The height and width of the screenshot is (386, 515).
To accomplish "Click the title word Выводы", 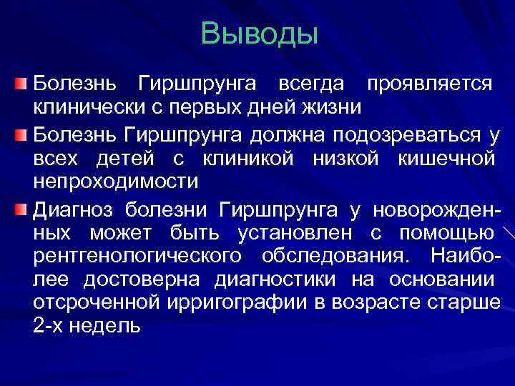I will pos(259,34).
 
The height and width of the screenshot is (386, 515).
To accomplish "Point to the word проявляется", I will pos(428,84).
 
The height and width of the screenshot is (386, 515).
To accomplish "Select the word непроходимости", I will pos(115,181).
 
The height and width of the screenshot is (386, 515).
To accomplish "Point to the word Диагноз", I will pos(74,209).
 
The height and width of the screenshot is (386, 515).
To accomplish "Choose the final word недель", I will pos(107,326).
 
